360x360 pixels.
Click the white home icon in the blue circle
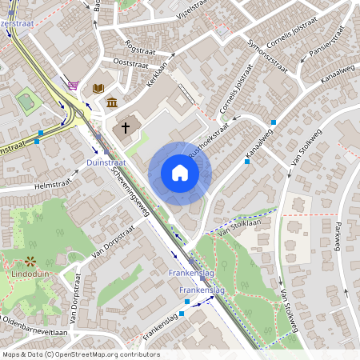click(x=180, y=173)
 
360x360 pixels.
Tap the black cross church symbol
click(x=126, y=127)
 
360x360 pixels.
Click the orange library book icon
click(x=98, y=87)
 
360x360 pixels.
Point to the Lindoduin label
click(x=29, y=274)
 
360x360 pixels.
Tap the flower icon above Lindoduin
click(x=31, y=261)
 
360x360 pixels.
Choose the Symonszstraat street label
click(x=265, y=53)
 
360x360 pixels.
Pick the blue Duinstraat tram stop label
click(x=106, y=162)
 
